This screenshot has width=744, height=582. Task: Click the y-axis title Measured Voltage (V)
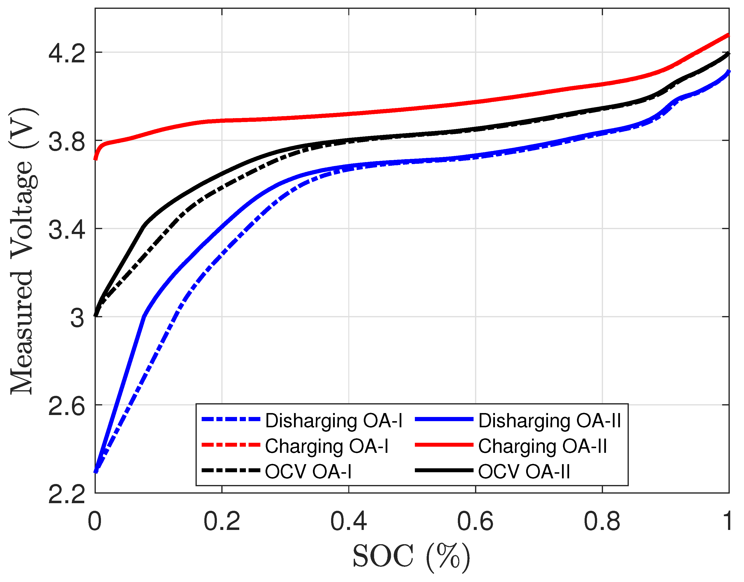coord(22,251)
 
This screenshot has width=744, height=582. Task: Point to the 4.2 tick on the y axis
coord(67,54)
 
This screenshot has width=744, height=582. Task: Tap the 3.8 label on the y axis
coord(67,142)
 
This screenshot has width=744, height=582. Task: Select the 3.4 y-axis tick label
coord(67,230)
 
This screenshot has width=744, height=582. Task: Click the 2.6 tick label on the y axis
coord(67,406)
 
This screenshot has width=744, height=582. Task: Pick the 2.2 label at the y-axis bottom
coord(67,494)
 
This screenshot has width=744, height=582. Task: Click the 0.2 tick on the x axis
coord(222,522)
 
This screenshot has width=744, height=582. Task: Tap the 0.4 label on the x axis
coord(348,522)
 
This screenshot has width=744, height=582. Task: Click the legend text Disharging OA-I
coord(334,421)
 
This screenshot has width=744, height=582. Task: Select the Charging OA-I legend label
coord(326,446)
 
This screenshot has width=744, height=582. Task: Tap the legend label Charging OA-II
coord(542,446)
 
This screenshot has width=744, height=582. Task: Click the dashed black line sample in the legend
coord(231,471)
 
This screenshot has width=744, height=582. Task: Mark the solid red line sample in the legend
coord(444,445)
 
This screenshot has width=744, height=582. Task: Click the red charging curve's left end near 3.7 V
coord(96,157)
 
